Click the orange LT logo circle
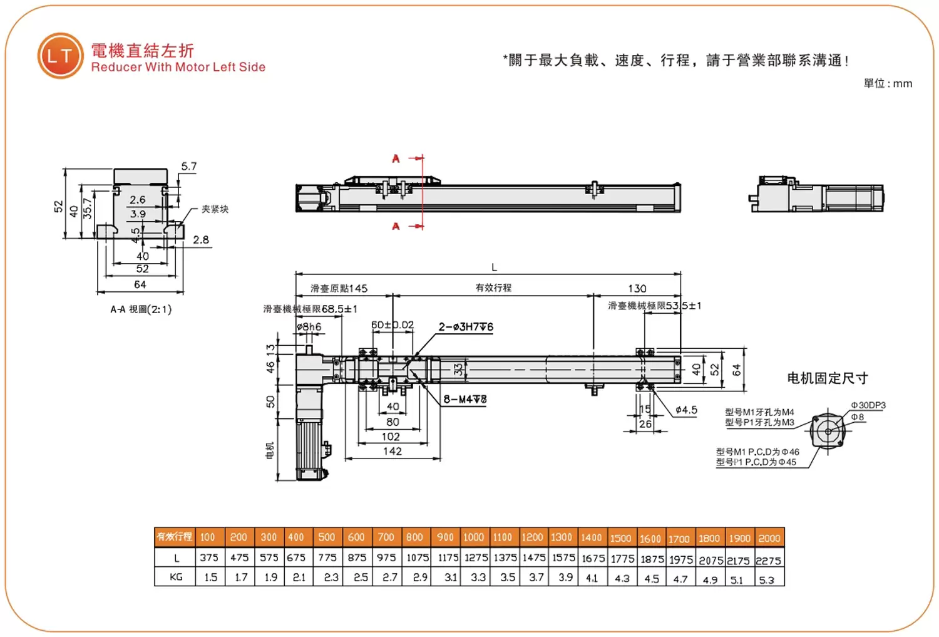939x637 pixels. click(x=60, y=56)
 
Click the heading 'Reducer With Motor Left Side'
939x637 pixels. click(x=178, y=67)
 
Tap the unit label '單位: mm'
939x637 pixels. click(x=888, y=83)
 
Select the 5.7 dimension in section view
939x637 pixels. click(x=188, y=167)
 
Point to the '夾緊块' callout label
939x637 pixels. click(x=215, y=209)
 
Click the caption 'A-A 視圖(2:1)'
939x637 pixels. click(x=141, y=309)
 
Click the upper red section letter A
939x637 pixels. click(x=396, y=158)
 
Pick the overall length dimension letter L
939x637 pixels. click(x=494, y=267)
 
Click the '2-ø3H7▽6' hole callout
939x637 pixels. click(x=466, y=327)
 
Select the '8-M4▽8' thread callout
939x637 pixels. click(x=465, y=399)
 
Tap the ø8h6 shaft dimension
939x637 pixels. click(x=309, y=327)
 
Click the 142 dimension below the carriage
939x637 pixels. click(x=393, y=451)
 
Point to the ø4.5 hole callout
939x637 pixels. click(x=686, y=410)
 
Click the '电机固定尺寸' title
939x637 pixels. click(x=827, y=378)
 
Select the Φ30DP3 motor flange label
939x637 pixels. click(x=868, y=405)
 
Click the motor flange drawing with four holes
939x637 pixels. click(x=828, y=431)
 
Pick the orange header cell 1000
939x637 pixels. click(x=473, y=537)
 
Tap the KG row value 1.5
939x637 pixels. click(x=211, y=577)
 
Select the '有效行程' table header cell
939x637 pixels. click(x=174, y=537)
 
